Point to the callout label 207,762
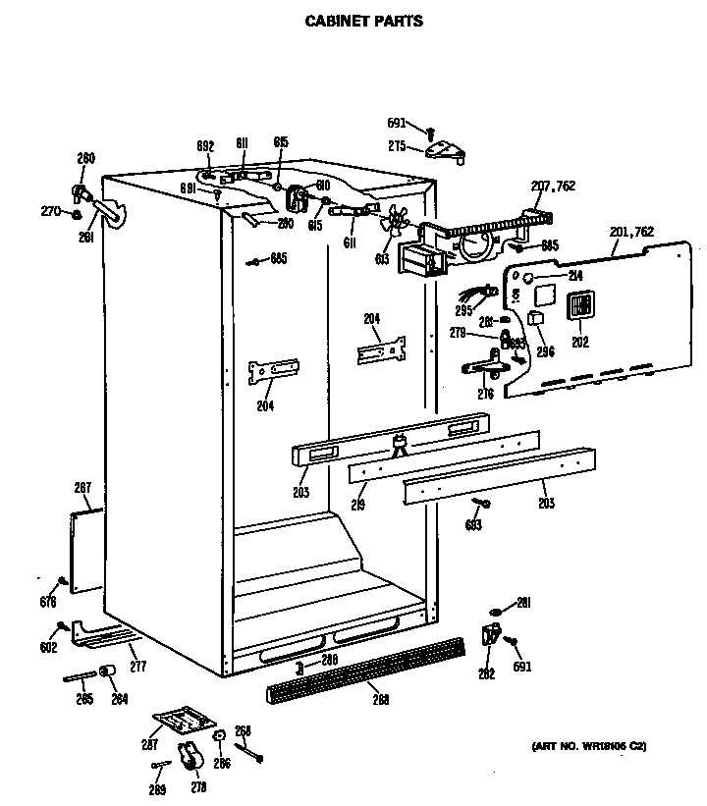click(552, 186)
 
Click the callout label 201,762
click(631, 232)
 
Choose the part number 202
click(579, 342)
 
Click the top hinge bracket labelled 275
click(446, 149)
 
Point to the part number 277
click(137, 667)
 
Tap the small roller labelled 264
click(108, 672)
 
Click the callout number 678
click(47, 602)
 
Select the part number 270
click(48, 210)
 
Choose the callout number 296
click(545, 351)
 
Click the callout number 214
click(575, 277)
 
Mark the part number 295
click(462, 310)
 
